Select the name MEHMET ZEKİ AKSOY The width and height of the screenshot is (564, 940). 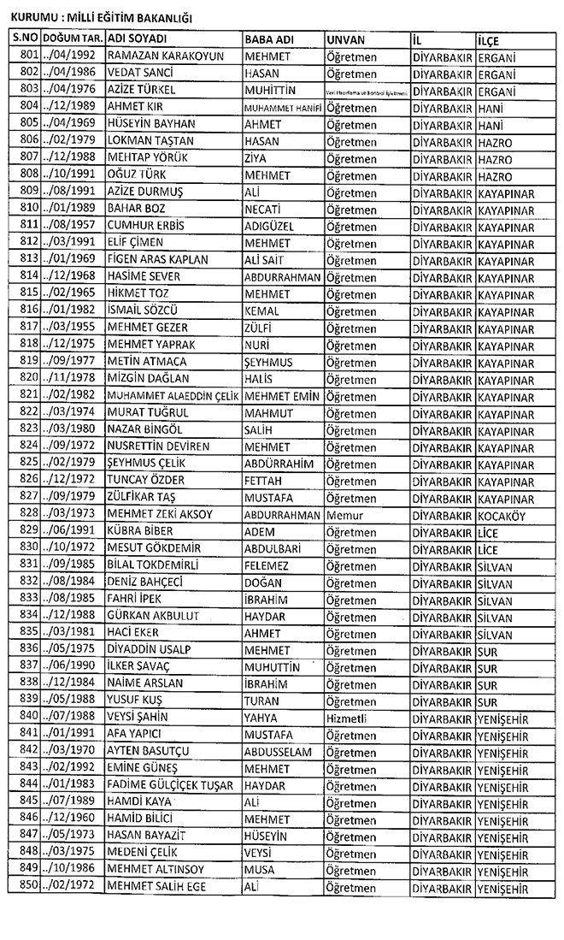[x=160, y=515]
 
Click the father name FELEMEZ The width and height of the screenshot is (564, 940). [x=267, y=566]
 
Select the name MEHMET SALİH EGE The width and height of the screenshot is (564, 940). [x=156, y=888]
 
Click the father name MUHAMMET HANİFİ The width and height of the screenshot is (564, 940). [x=283, y=108]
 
